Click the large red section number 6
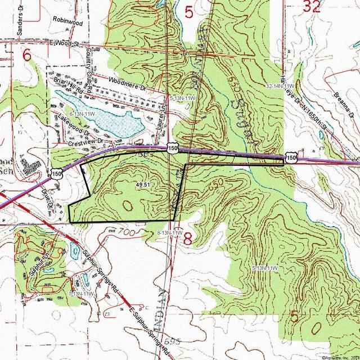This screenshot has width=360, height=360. coord(26,55)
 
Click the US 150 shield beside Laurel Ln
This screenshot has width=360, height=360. coord(173,147)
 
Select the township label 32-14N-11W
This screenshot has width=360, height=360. coord(281,85)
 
